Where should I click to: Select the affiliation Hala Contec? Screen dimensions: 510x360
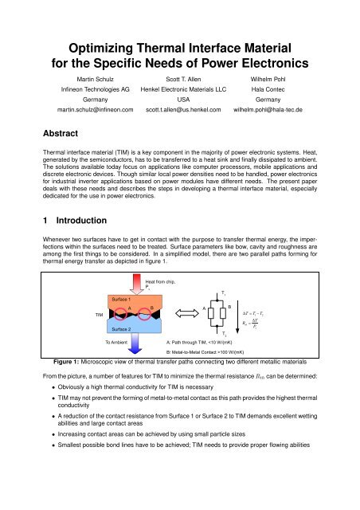[x=295, y=91]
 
